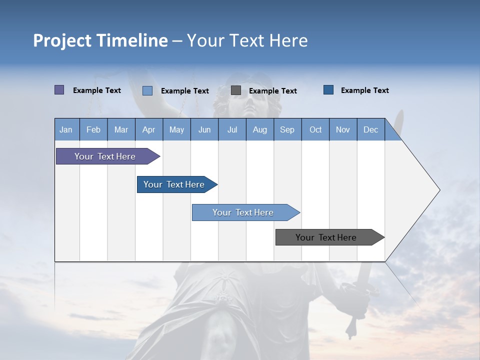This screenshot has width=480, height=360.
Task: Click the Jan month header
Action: (x=66, y=129)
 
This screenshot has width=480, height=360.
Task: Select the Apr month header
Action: (x=148, y=129)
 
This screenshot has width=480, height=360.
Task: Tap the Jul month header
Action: (x=232, y=129)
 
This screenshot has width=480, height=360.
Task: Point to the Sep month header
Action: (x=287, y=129)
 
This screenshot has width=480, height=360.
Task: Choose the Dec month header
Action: (x=370, y=129)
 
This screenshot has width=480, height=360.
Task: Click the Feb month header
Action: (x=93, y=129)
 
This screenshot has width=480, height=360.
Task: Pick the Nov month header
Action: (x=342, y=129)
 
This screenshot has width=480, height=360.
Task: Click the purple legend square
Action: (x=59, y=90)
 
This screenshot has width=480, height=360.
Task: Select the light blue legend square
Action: (x=147, y=90)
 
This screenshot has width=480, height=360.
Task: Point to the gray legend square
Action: (x=236, y=90)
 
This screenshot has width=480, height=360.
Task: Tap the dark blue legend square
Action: (x=328, y=90)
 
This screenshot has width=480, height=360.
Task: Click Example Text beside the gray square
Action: (x=272, y=91)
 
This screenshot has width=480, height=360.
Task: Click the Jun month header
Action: (x=204, y=129)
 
